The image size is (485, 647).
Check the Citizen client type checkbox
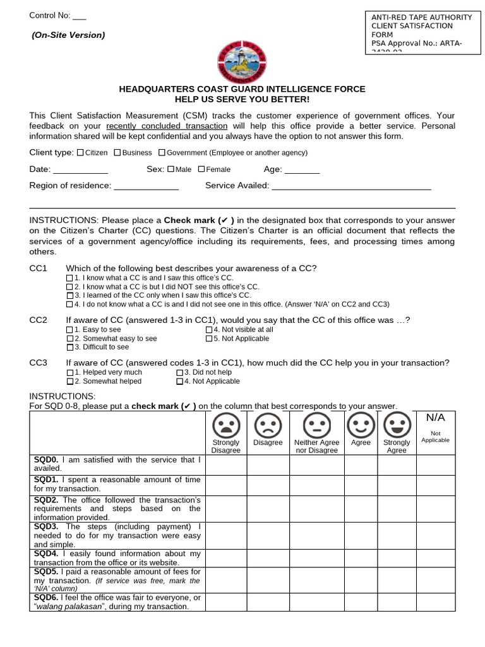pyautogui.click(x=80, y=152)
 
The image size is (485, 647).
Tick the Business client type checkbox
pyautogui.click(x=117, y=152)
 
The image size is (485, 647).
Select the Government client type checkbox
pyautogui.click(x=162, y=152)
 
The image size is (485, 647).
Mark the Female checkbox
pyautogui.click(x=201, y=169)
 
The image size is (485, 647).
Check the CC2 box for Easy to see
pyautogui.click(x=70, y=330)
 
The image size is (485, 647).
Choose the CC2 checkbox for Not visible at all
pyautogui.click(x=209, y=330)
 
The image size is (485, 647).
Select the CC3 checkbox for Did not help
pyautogui.click(x=179, y=373)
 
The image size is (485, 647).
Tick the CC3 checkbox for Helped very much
pyautogui.click(x=70, y=373)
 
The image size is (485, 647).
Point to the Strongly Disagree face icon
pyautogui.click(x=225, y=424)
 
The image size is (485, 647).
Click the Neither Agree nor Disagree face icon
pyautogui.click(x=317, y=424)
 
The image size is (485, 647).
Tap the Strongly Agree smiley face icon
pyautogui.click(x=397, y=424)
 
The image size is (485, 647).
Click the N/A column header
pyautogui.click(x=436, y=418)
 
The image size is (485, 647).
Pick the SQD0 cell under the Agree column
pyautogui.click(x=361, y=464)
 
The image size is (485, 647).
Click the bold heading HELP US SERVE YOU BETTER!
pyautogui.click(x=242, y=100)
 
